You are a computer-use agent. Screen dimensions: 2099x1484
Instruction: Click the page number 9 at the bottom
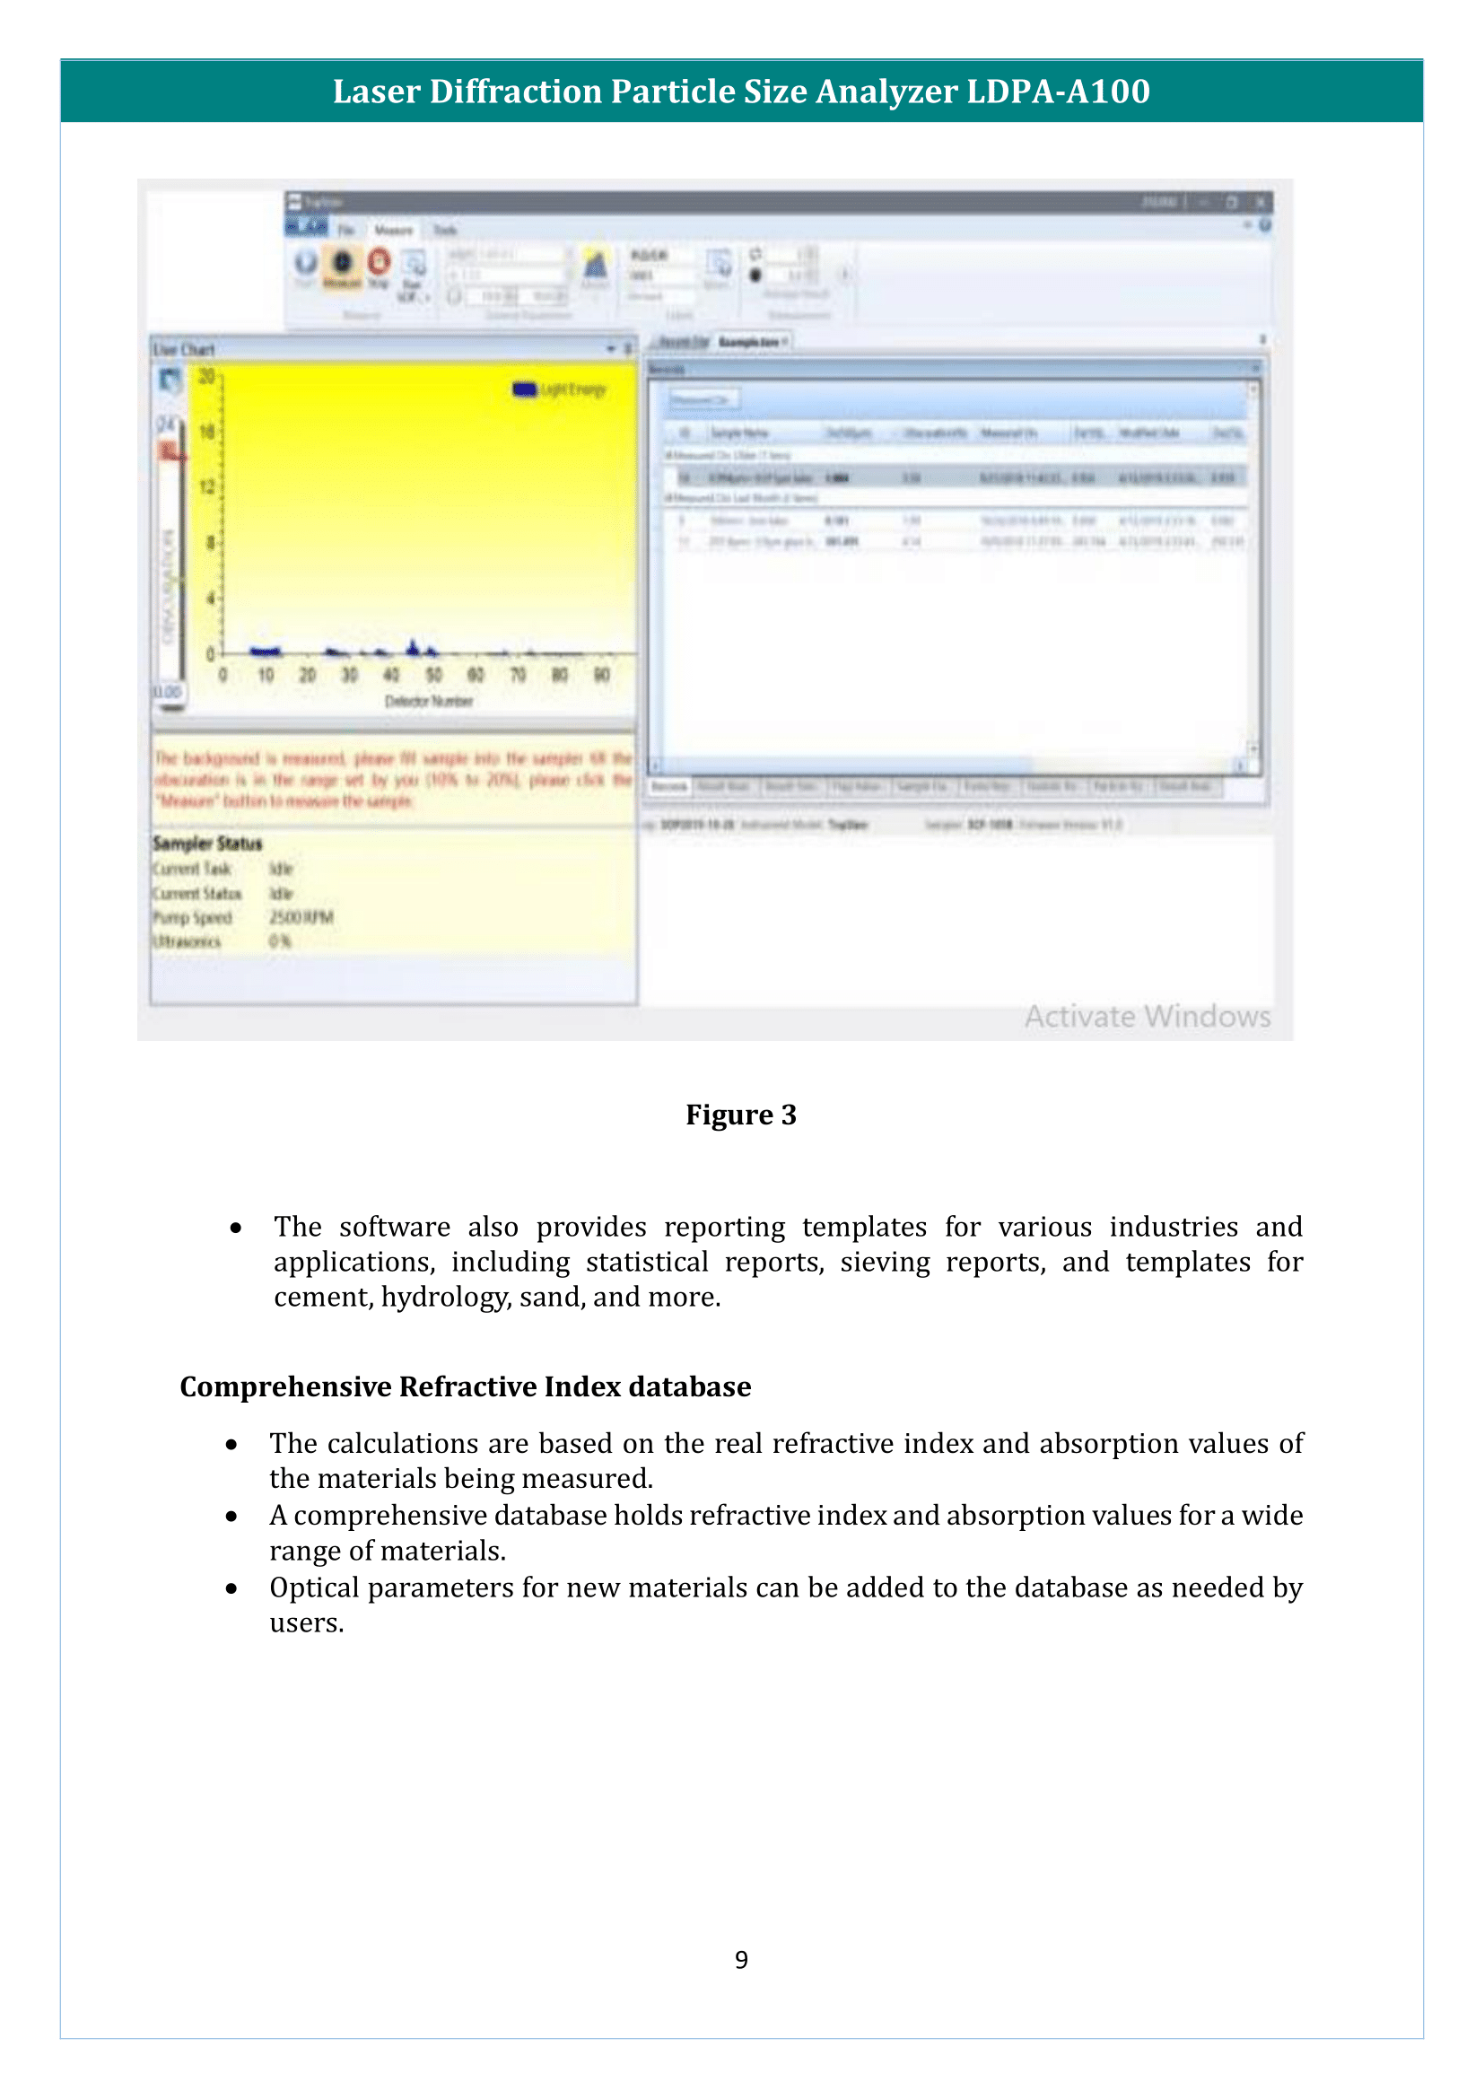[741, 1959]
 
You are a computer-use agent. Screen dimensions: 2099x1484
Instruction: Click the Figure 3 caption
[741, 1115]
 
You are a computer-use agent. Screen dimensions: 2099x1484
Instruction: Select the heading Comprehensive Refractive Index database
[465, 1386]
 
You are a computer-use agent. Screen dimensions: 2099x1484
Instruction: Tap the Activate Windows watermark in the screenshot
[1147, 1016]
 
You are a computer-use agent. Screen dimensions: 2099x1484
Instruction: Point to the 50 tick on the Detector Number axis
[433, 675]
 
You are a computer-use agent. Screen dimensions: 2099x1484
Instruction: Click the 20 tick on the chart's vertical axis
[207, 376]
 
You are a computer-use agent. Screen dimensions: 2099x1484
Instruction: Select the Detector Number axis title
[429, 701]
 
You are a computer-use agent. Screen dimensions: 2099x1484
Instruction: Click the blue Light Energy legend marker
[525, 389]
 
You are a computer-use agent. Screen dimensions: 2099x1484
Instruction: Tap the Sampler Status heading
[207, 843]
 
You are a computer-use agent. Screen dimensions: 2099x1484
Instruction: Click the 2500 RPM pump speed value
[301, 917]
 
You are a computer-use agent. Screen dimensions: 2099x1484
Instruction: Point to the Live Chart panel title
[184, 349]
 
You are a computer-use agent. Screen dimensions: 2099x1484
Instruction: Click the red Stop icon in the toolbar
[380, 262]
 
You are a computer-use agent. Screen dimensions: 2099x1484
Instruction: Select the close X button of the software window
[1260, 201]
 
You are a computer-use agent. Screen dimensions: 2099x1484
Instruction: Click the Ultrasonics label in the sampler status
[187, 941]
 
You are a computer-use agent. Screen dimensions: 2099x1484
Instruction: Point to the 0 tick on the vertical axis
[210, 653]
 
